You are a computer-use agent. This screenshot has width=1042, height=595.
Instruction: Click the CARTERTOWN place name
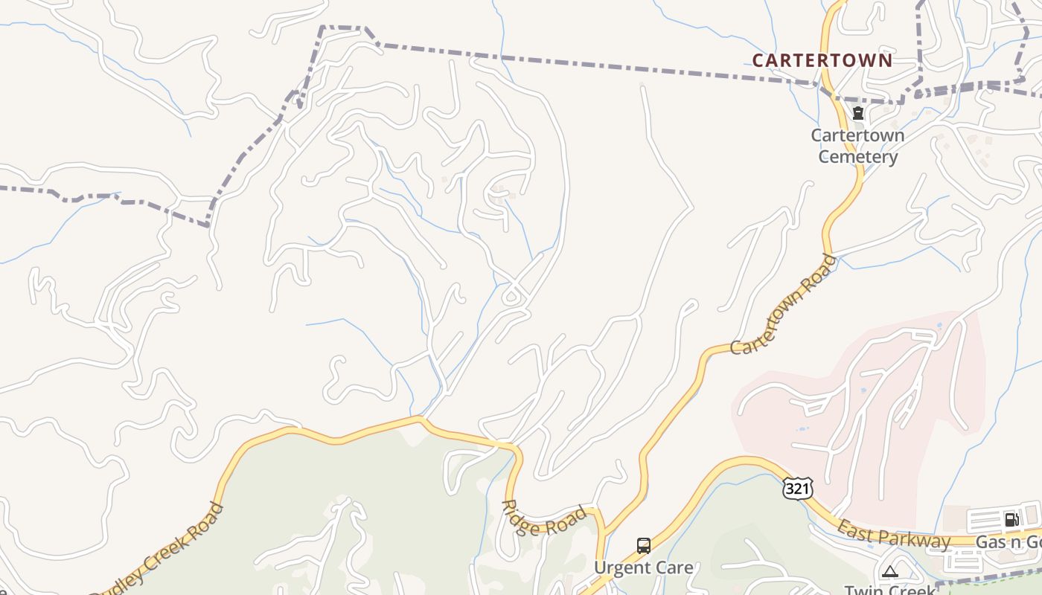tap(822, 60)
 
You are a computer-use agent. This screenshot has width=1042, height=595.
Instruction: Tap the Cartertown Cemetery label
tap(857, 146)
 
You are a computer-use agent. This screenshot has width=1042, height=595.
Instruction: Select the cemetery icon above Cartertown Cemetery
tap(857, 114)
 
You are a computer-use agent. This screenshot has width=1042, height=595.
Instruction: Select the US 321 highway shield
tap(797, 489)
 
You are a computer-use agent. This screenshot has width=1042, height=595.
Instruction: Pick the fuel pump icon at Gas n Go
tap(1011, 519)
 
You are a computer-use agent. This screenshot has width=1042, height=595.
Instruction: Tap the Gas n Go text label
tap(1008, 542)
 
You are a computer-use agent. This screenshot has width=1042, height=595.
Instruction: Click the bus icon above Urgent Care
tap(644, 545)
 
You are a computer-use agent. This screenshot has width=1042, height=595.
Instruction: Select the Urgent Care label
tap(643, 568)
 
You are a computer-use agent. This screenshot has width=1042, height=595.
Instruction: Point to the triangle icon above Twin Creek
tap(889, 571)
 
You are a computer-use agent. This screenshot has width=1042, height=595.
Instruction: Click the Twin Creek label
tap(889, 590)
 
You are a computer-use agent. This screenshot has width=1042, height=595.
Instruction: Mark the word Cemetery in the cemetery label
tap(857, 157)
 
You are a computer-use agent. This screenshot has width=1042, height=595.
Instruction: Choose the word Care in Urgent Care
tap(674, 568)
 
